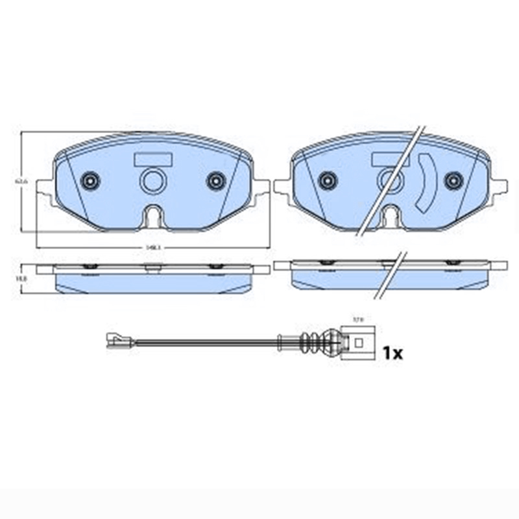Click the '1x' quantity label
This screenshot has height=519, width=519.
pos(392,353)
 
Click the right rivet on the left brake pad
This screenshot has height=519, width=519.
pos(215,180)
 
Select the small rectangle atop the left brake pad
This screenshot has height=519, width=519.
pos(152,159)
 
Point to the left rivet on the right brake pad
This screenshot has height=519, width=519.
pos(328,180)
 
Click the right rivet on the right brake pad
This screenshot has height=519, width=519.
pos(453,180)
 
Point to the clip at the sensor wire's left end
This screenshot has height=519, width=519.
pos(117,338)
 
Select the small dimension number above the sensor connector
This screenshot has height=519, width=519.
pos(356,319)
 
